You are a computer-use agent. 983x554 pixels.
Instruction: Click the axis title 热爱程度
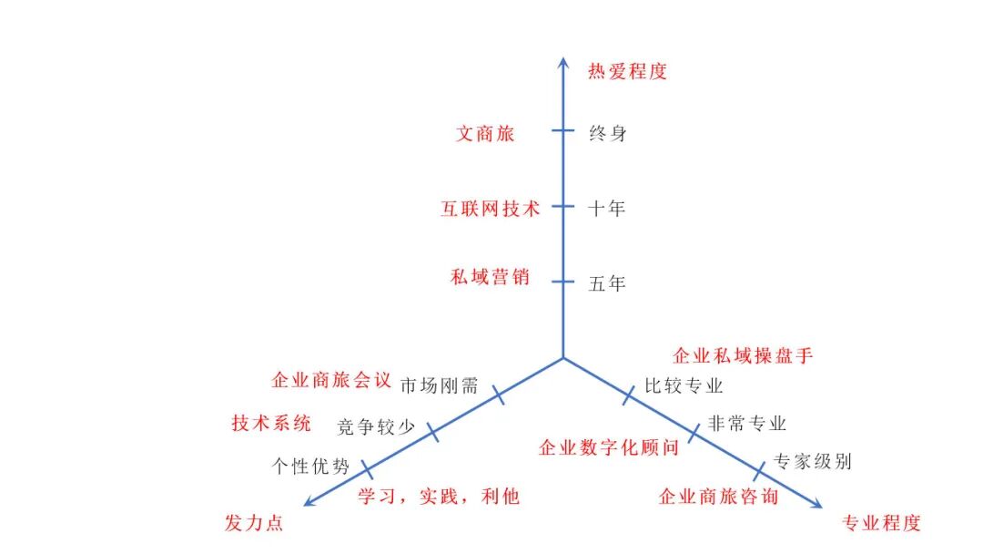click(627, 71)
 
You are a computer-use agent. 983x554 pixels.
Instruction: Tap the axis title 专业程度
click(882, 523)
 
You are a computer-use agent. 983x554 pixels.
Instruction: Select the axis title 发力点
click(254, 523)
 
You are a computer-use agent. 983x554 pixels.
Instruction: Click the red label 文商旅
click(485, 134)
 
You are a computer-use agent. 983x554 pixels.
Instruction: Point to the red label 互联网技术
click(490, 209)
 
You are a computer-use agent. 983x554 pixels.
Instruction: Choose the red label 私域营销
click(490, 277)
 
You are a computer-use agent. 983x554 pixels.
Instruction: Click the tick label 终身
click(608, 134)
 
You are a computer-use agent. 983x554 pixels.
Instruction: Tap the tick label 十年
click(607, 209)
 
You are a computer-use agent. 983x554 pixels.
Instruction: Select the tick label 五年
click(607, 283)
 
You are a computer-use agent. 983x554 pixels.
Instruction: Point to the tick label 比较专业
click(684, 385)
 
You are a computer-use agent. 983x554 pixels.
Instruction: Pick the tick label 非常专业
click(746, 424)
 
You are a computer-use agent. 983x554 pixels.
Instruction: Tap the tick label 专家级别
click(812, 461)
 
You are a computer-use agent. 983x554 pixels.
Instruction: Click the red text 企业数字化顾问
click(609, 447)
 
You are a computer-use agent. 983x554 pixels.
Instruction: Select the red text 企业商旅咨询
click(718, 497)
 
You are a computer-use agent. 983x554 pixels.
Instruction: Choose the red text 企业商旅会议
click(331, 379)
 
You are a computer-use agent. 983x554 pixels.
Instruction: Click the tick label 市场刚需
click(440, 385)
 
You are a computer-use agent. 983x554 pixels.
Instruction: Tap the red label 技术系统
click(271, 423)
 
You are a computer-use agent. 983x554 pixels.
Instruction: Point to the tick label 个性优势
click(310, 467)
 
